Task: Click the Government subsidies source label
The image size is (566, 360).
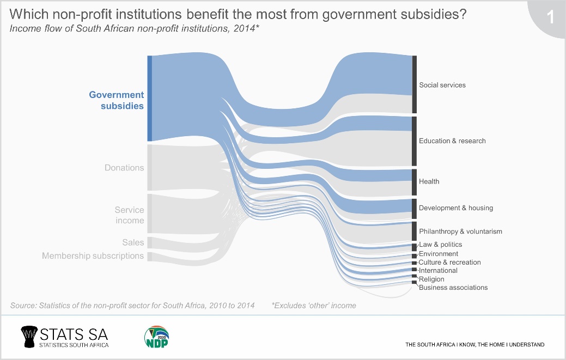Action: [117, 100]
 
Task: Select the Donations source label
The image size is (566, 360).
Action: [124, 168]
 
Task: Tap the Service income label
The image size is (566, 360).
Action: [129, 215]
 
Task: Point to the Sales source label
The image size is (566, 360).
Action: [133, 242]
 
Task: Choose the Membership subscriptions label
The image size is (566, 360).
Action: [93, 256]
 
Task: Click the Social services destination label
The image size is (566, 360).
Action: [442, 85]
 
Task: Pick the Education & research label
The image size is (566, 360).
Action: [452, 141]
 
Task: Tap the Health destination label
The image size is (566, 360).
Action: [429, 181]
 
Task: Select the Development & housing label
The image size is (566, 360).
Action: [456, 208]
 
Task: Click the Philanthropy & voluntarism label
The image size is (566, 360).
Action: [460, 231]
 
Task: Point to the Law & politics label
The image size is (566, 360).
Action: [440, 245]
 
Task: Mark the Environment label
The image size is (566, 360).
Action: [439, 254]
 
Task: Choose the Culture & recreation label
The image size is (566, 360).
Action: [449, 263]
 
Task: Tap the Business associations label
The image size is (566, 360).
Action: [453, 288]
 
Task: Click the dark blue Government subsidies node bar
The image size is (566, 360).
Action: [149, 99]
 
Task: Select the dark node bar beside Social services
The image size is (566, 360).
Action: [415, 84]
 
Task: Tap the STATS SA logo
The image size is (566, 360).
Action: [64, 337]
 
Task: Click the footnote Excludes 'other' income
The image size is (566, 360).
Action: [314, 306]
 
